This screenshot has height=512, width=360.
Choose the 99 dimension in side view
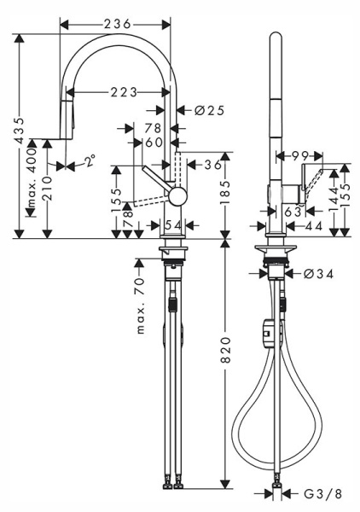coord(298,155)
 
